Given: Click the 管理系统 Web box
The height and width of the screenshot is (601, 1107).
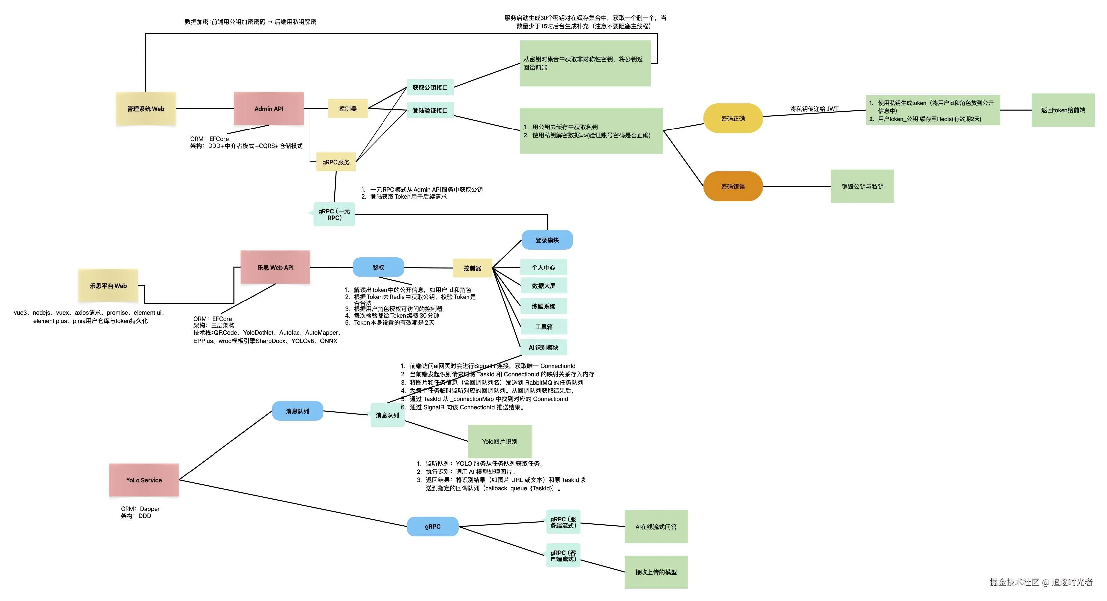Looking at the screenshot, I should pyautogui.click(x=146, y=109).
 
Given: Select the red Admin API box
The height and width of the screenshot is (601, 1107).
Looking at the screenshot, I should pyautogui.click(x=269, y=109).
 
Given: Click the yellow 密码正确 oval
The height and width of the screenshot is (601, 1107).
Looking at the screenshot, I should pyautogui.click(x=733, y=118).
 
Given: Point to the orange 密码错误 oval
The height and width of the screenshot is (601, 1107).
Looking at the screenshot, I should pyautogui.click(x=733, y=186).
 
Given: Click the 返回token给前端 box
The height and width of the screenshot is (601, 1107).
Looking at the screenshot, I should pyautogui.click(x=1063, y=110).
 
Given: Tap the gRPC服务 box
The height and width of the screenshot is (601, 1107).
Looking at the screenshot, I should pyautogui.click(x=336, y=162).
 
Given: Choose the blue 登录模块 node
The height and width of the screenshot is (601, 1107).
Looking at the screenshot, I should pyautogui.click(x=547, y=240).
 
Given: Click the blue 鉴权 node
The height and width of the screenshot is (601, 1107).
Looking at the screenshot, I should pyautogui.click(x=378, y=267).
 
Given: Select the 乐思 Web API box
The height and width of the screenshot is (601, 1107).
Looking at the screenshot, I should pyautogui.click(x=276, y=267).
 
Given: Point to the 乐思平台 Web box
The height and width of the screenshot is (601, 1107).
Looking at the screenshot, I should pyautogui.click(x=108, y=286).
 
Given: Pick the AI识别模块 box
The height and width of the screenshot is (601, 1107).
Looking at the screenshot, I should pyautogui.click(x=544, y=347).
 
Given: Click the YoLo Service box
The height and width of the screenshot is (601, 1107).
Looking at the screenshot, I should pyautogui.click(x=144, y=480).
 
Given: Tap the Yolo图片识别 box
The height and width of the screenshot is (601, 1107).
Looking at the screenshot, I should pyautogui.click(x=499, y=442).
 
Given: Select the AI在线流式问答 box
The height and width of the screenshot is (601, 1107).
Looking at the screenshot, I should pyautogui.click(x=656, y=527).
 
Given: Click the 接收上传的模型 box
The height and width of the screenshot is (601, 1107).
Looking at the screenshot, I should pyautogui.click(x=656, y=572).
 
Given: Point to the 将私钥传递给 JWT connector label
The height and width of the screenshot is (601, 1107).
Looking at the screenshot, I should pyautogui.click(x=814, y=109).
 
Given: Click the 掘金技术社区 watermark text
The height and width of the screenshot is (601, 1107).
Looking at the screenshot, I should pyautogui.click(x=1014, y=582).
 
